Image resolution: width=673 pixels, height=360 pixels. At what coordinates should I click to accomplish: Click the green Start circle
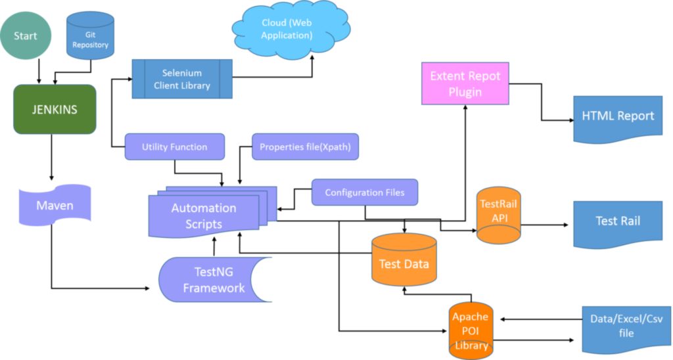coord(26,35)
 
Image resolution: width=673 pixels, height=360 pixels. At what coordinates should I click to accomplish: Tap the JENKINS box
coord(55,110)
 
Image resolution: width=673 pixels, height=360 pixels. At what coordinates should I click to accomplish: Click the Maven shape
coord(55,206)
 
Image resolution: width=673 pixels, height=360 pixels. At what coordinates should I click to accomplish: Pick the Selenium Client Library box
coord(182,79)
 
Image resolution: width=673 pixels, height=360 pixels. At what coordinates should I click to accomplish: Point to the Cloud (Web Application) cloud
coord(287,29)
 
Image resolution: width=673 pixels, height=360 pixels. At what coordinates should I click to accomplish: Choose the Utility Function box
coord(174,147)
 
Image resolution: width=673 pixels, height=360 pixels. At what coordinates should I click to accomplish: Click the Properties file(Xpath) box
coord(305,147)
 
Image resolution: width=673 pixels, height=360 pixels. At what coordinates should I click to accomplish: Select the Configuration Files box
coord(364,192)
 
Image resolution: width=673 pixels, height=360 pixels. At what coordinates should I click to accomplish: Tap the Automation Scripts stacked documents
coord(204,215)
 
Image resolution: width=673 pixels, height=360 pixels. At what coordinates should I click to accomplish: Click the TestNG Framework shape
coord(214,279)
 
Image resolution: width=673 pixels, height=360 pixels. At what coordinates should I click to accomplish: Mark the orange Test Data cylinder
coord(404,262)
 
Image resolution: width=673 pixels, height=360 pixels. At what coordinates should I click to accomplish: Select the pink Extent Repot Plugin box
coord(465,84)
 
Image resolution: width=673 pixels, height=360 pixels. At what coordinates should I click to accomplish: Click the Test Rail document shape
coord(617,222)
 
